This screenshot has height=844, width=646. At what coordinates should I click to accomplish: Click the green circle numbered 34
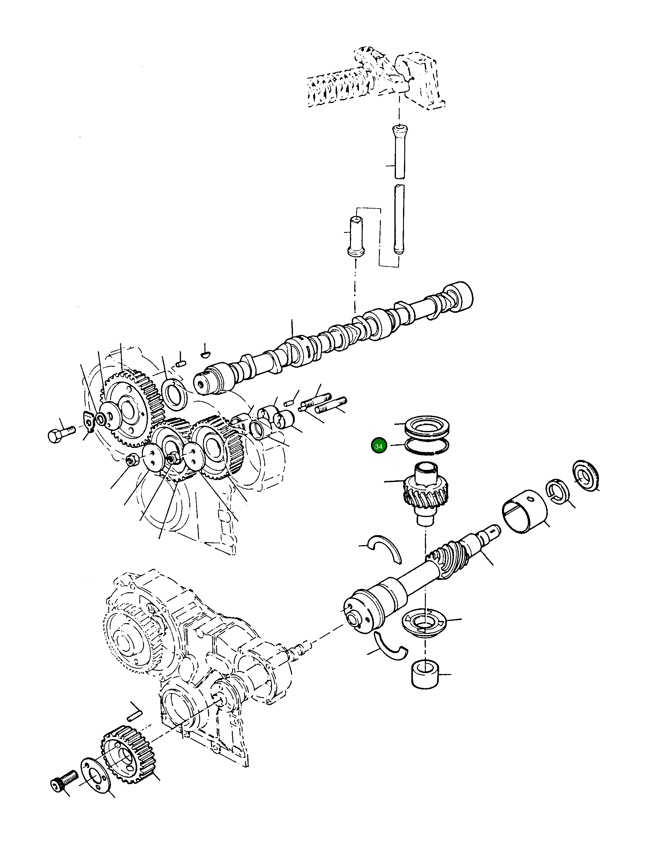click(378, 446)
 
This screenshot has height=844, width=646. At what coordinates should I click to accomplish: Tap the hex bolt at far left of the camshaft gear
click(60, 432)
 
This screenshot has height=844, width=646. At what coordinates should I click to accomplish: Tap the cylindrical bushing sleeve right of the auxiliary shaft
click(525, 515)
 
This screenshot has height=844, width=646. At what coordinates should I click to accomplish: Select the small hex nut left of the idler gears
click(131, 459)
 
